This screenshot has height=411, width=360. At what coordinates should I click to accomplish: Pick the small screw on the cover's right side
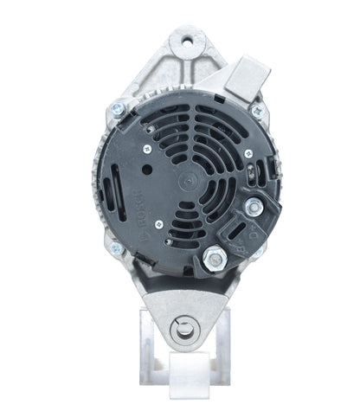tap(248, 153)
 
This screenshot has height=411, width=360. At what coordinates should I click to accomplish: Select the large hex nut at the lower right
tap(214, 257)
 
